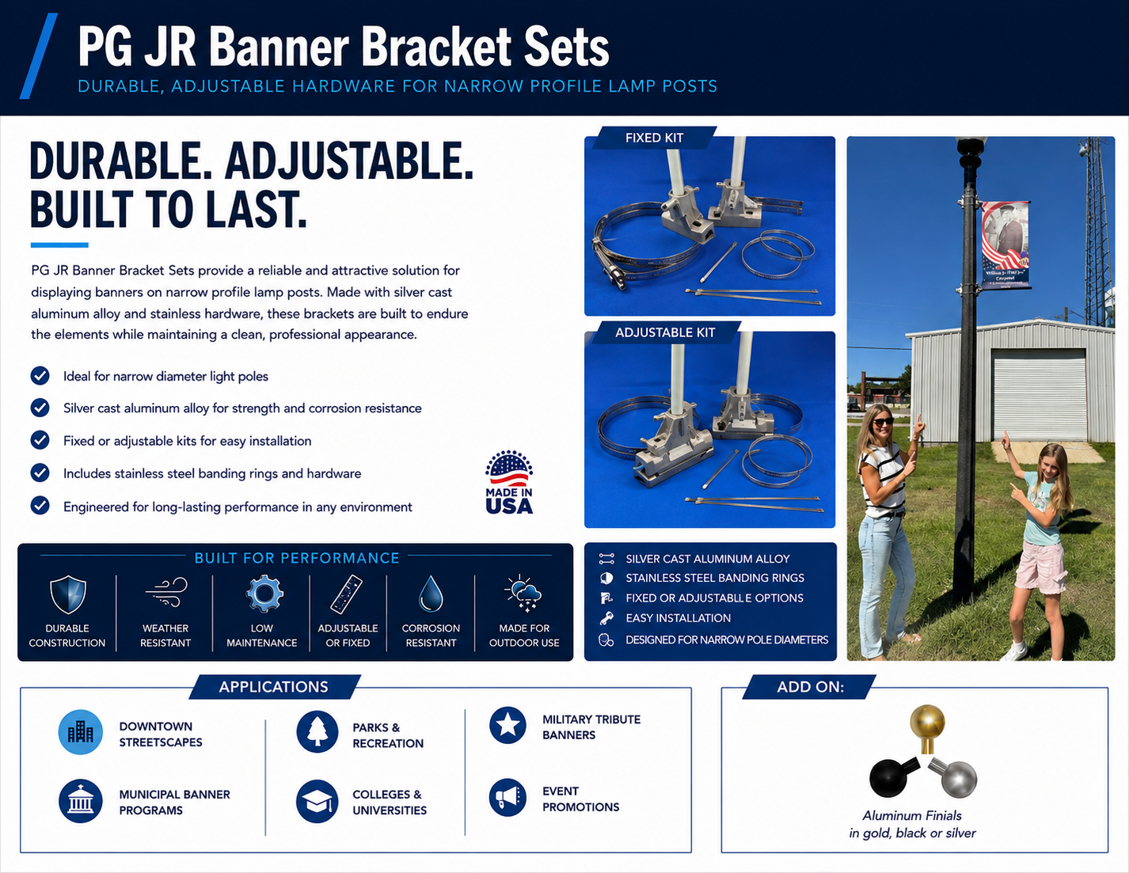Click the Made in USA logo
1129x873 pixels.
pyautogui.click(x=509, y=483)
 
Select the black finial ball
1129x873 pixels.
pyautogui.click(x=888, y=778)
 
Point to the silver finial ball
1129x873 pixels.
pyautogui.click(x=959, y=779)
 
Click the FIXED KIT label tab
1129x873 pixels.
pyautogui.click(x=654, y=138)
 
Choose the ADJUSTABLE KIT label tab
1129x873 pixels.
pyautogui.click(x=665, y=332)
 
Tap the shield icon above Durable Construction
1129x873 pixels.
pyautogui.click(x=68, y=594)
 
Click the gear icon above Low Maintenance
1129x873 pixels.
pyautogui.click(x=264, y=593)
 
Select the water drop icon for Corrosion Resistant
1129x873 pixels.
pyautogui.click(x=431, y=594)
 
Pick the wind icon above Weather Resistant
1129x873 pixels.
pyautogui.click(x=166, y=592)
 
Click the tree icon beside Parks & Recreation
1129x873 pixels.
pyautogui.click(x=317, y=732)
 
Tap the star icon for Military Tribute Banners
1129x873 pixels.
pyautogui.click(x=507, y=725)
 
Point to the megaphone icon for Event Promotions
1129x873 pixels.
pyautogui.click(x=507, y=797)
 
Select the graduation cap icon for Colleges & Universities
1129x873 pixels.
pyautogui.click(x=317, y=801)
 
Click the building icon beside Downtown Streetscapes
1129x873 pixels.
pyautogui.click(x=80, y=732)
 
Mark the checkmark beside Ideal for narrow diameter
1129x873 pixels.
pyautogui.click(x=40, y=375)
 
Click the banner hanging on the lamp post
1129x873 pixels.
pyautogui.click(x=1005, y=245)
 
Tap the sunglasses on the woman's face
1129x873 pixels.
pyautogui.click(x=883, y=421)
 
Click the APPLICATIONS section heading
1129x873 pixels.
pyautogui.click(x=273, y=686)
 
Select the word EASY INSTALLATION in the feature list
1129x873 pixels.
pyautogui.click(x=678, y=618)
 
